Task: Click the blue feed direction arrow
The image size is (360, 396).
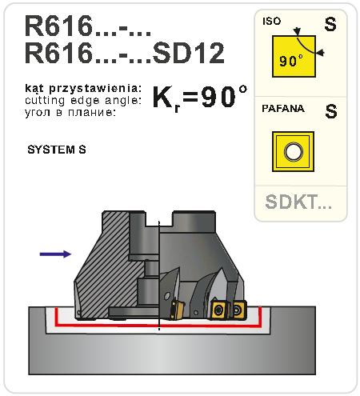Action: click(55, 254)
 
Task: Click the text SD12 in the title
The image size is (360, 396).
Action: click(188, 53)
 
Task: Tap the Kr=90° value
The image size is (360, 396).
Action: click(200, 97)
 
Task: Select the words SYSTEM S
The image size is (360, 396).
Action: click(57, 150)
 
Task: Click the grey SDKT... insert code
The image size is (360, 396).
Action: click(298, 202)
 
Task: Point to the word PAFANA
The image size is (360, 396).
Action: click(283, 109)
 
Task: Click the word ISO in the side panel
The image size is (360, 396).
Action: click(272, 21)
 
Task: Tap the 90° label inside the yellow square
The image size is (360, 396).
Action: click(290, 61)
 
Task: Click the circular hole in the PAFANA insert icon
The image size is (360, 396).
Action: click(294, 151)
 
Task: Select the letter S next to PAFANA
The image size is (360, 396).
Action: click(331, 111)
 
